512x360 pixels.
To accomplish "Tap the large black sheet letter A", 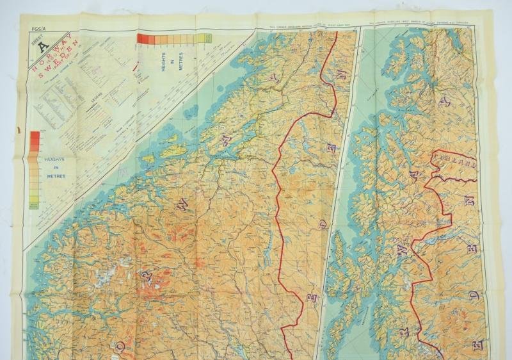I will pos(43,46).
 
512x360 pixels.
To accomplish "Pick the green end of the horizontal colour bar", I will pos(206,38).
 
